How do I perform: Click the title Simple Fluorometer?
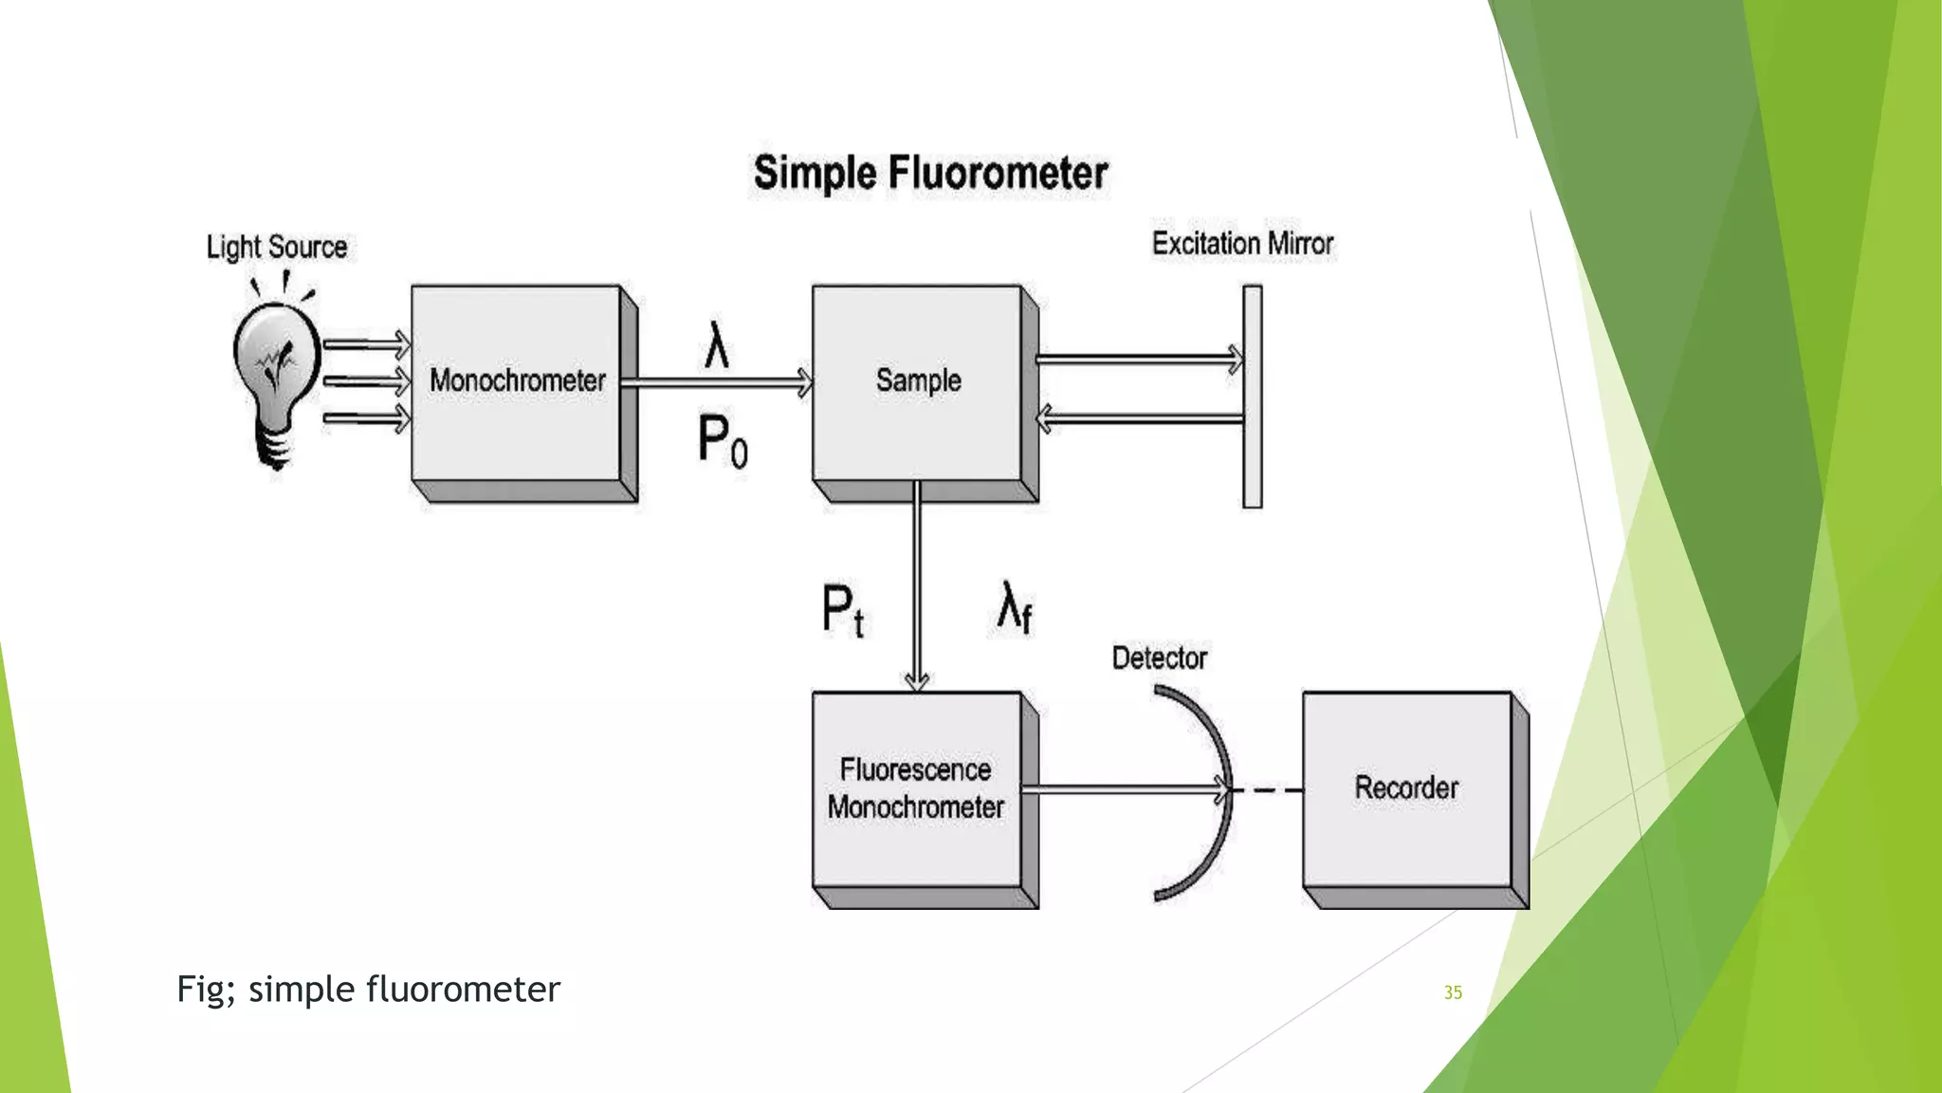coord(930,174)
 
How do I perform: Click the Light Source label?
coord(277,248)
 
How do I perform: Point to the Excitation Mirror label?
coord(1242,244)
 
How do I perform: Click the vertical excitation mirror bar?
coord(1253,397)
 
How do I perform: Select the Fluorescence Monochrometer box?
coord(916,789)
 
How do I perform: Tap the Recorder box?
coord(1406,789)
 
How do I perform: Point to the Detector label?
coord(1159,658)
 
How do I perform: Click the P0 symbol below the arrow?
coord(723,441)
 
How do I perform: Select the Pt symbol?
coord(842,610)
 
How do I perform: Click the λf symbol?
coord(1014,607)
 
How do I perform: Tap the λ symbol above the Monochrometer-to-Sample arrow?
coord(717,345)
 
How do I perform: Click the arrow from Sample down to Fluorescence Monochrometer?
coord(916,588)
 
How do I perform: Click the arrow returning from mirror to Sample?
coord(1138,418)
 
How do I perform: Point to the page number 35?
coord(1453,992)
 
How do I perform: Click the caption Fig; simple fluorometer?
coord(368,990)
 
